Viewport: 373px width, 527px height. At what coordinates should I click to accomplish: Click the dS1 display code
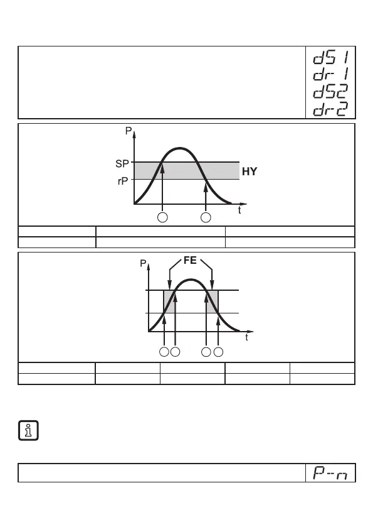(330, 57)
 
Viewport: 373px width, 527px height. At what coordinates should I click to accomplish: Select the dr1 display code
(330, 74)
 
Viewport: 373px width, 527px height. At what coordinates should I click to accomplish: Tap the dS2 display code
(330, 91)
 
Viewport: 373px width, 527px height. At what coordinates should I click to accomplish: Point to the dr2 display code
(330, 109)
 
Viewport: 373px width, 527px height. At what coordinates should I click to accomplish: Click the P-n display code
(330, 472)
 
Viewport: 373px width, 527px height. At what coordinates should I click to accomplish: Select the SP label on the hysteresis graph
(122, 164)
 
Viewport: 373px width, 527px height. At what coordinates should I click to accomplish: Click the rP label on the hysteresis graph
(123, 181)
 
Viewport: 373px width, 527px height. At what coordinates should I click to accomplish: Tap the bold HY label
(250, 171)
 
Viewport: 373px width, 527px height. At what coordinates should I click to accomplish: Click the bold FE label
(190, 261)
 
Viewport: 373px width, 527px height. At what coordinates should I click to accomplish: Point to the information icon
(28, 430)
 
